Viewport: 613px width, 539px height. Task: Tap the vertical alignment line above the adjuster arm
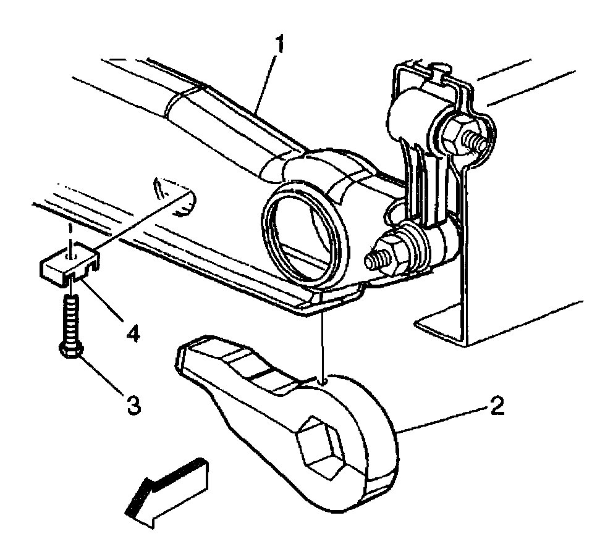click(321, 346)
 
